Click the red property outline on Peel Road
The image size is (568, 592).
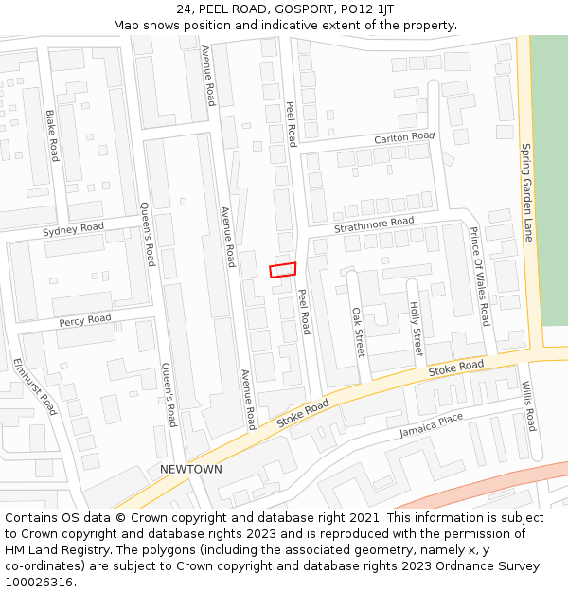coord(282,270)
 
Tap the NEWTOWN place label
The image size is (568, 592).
coord(191,470)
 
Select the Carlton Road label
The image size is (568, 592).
coord(404,138)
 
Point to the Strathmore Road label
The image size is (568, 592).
coord(374,227)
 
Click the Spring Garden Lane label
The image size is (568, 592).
coord(527,192)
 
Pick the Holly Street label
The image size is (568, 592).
coord(415,329)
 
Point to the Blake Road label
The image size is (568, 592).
coord(52,135)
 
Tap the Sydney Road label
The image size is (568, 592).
coord(73,229)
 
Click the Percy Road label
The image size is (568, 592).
coord(85,320)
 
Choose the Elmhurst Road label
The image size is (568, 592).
coord(36,386)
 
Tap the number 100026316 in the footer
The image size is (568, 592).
coord(40,582)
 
